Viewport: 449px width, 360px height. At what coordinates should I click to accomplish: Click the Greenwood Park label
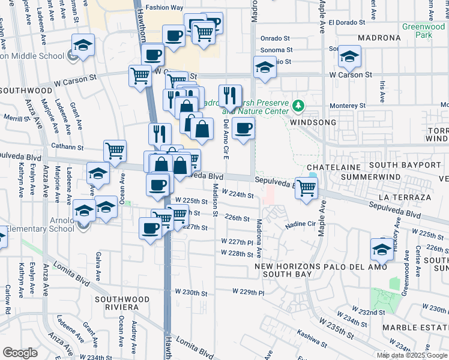423,31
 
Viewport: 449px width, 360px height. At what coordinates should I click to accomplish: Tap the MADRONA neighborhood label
379,38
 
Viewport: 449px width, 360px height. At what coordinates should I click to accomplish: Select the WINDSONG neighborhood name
311,122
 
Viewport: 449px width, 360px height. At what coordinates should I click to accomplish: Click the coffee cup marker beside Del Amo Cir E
243,128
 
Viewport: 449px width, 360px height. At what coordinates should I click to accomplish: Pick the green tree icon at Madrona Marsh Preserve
298,106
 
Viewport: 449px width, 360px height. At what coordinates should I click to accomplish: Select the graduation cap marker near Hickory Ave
382,249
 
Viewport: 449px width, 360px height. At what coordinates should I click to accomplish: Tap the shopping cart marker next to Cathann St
115,152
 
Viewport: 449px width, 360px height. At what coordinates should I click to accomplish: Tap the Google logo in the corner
20,353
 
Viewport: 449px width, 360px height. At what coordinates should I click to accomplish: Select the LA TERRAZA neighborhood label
405,197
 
